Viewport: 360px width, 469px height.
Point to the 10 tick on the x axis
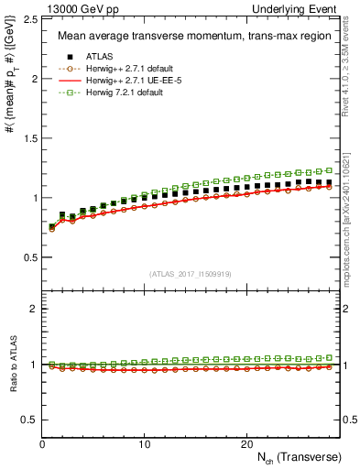point(144,443)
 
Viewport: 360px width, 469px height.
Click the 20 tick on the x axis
point(245,443)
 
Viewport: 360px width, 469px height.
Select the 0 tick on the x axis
point(43,443)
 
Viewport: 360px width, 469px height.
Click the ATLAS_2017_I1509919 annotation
point(190,273)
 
